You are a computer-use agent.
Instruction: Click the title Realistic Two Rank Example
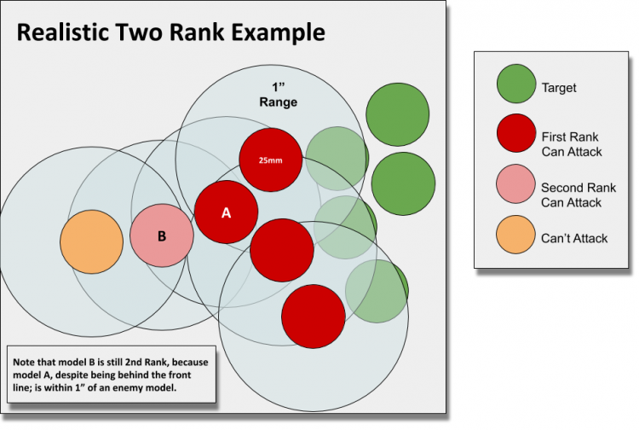(x=171, y=33)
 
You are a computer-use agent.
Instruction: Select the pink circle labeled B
(x=162, y=235)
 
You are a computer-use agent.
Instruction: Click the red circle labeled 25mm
(x=270, y=160)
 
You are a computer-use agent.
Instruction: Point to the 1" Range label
(x=279, y=96)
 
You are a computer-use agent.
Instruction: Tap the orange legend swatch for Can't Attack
(x=514, y=238)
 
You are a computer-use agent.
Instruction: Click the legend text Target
(x=559, y=87)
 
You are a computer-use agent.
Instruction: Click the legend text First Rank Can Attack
(x=571, y=143)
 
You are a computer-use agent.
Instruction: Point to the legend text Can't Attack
(x=574, y=238)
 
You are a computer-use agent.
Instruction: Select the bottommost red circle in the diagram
(x=314, y=316)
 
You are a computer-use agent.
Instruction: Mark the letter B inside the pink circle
(x=162, y=235)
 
